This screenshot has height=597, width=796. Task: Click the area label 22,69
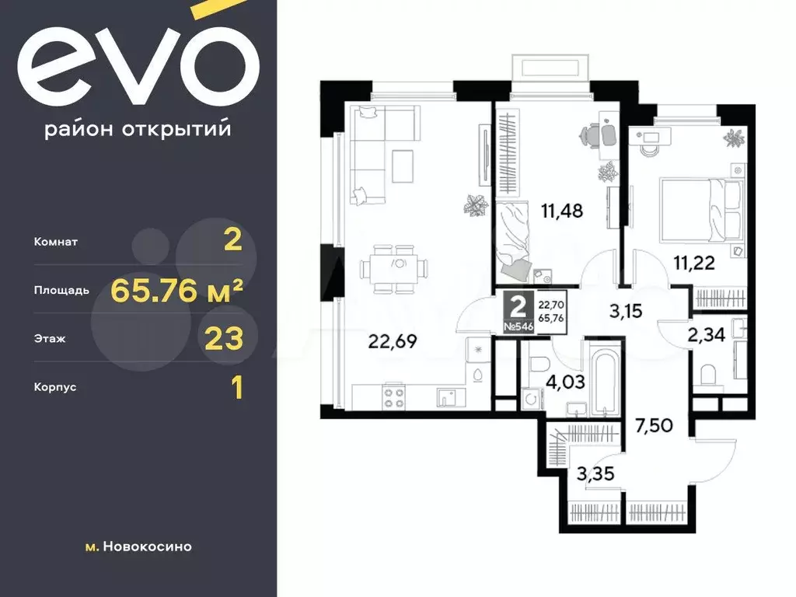[392, 342]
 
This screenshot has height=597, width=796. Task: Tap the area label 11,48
[562, 211]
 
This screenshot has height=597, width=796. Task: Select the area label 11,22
[694, 263]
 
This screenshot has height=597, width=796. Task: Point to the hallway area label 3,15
[626, 311]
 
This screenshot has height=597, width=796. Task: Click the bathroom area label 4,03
[566, 381]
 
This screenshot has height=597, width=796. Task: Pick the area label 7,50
[655, 425]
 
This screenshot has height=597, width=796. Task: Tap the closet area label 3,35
[595, 473]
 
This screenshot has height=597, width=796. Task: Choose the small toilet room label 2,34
[706, 335]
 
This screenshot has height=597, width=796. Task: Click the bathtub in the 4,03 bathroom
[605, 378]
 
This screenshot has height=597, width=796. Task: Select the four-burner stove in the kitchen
[393, 397]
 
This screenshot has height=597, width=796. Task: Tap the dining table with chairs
[394, 269]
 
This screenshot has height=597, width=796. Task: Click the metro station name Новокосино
[147, 546]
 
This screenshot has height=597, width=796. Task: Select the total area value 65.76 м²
[176, 291]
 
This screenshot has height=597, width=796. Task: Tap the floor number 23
[224, 339]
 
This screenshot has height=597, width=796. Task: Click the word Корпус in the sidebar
[55, 387]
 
